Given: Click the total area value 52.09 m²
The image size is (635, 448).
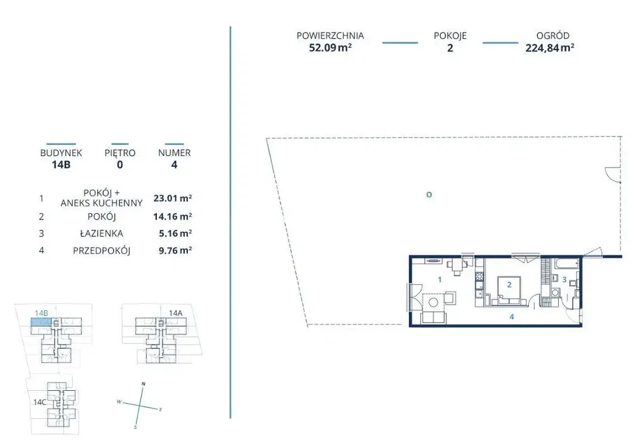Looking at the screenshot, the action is coord(330,48).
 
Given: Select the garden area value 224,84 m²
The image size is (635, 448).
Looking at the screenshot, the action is coord(549,48).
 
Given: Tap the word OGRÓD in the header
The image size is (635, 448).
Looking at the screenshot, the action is coord(552,36).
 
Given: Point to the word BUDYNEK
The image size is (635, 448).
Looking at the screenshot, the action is coord(61,153).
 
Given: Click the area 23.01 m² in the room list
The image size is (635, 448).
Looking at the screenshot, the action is coord(173,199).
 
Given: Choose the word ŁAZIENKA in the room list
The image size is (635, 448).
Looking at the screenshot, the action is coord(101,234).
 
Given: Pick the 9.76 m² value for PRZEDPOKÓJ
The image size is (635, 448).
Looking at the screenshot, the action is coord(175,251).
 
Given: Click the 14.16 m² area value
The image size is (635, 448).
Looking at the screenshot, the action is coord(173,216).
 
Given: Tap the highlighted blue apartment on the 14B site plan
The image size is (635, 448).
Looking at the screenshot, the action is coord(42,322).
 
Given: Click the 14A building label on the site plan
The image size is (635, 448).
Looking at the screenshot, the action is coord(176,313).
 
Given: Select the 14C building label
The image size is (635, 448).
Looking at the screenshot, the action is coord(39,402).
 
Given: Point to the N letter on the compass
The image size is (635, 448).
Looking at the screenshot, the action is coord(144,384).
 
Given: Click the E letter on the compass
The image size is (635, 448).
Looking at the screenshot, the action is coord(161,409).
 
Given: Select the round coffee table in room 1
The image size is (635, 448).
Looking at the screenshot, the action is coord(433,302).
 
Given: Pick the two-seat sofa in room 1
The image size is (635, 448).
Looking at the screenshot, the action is coord(434,318).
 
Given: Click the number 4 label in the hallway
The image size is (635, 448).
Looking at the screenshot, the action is coord(511,317).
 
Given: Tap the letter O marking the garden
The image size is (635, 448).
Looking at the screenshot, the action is coord(429,195).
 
